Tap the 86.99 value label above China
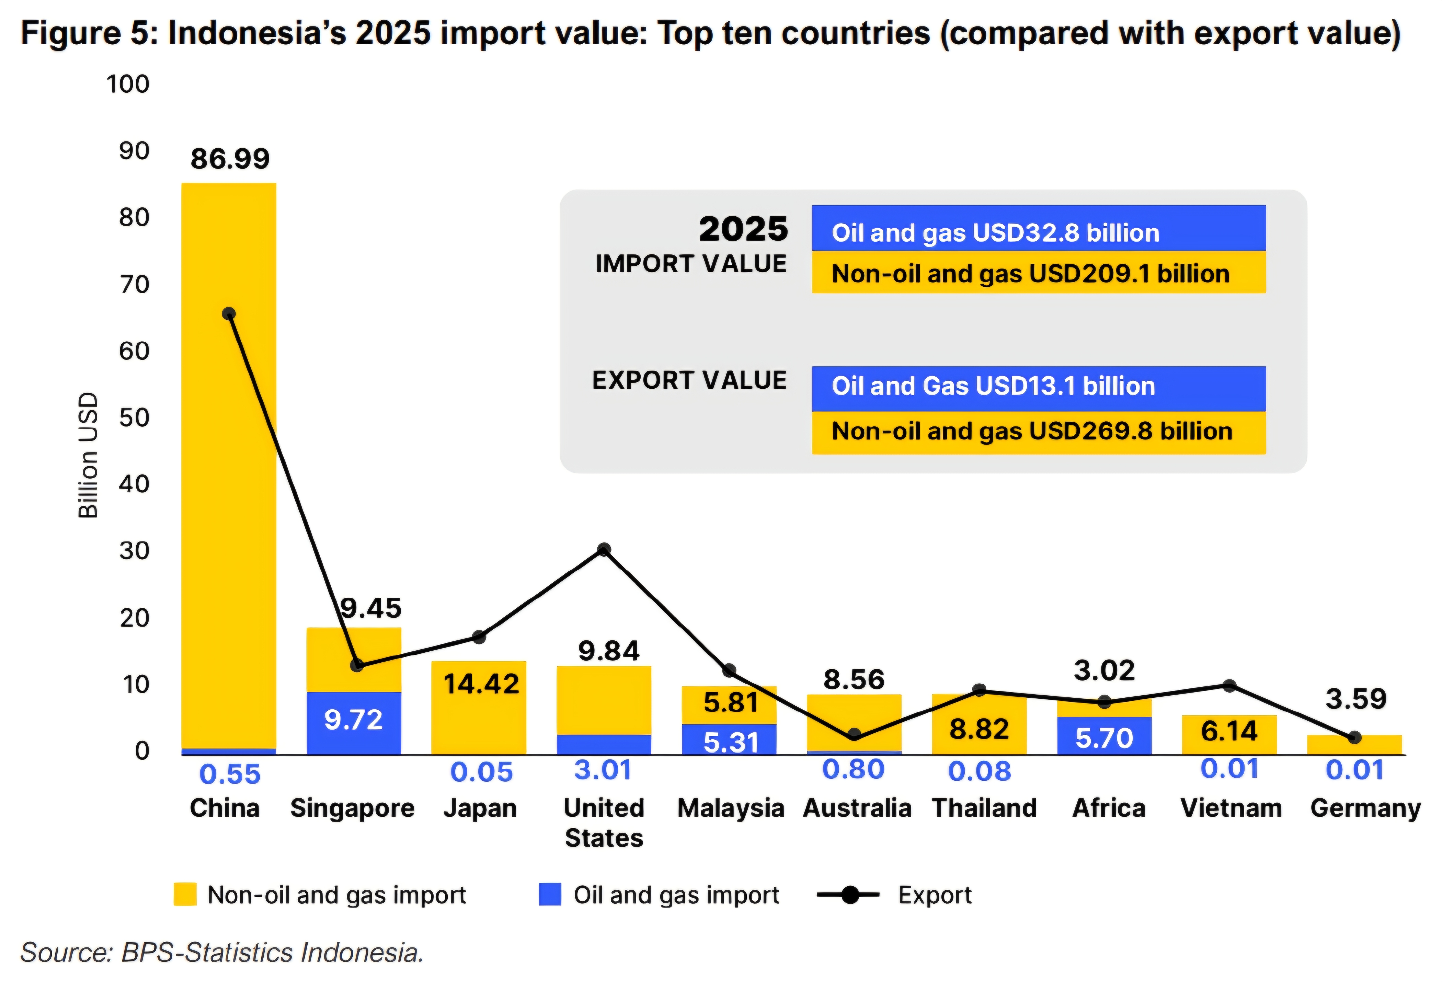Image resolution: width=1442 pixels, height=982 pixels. [230, 159]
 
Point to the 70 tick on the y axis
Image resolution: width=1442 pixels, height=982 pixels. [135, 285]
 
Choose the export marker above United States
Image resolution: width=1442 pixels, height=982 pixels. [604, 550]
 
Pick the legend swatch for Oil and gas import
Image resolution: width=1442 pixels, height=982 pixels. [550, 894]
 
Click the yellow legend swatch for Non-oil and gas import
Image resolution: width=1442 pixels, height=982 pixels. [185, 894]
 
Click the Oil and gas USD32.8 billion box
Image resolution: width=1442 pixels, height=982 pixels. [1038, 228]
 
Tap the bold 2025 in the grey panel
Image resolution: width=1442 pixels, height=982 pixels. [743, 229]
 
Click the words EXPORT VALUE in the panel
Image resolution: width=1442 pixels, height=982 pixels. [689, 380]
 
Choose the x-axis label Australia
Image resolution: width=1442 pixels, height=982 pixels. [857, 808]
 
